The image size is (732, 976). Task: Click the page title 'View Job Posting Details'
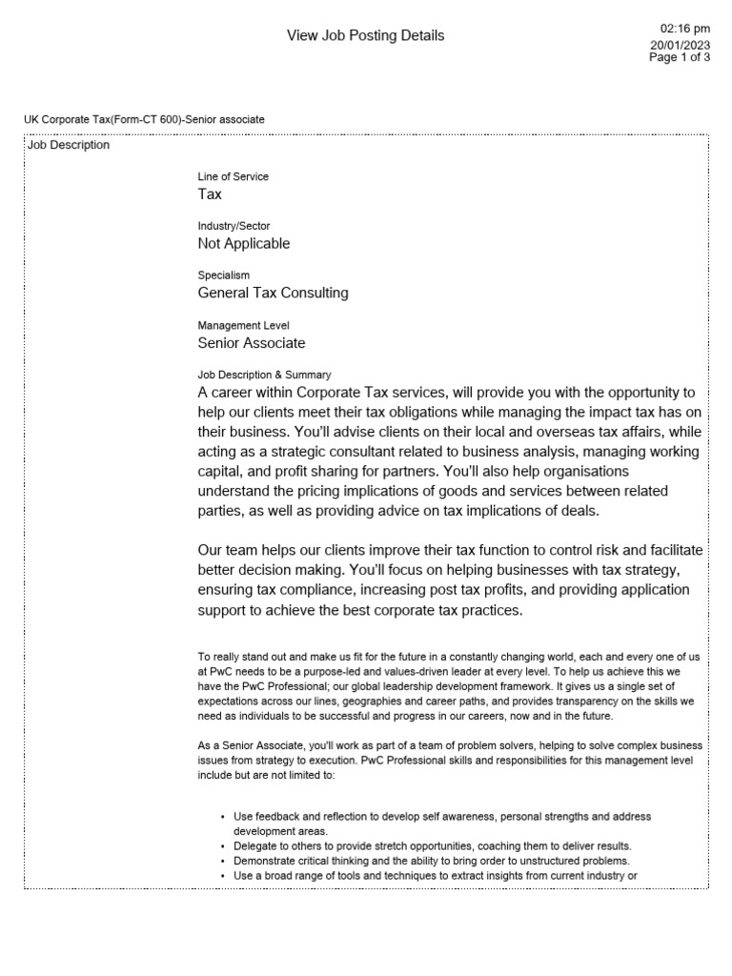pyautogui.click(x=365, y=36)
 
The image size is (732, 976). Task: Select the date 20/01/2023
pyautogui.click(x=681, y=45)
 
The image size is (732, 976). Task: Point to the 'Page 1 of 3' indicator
pyautogui.click(x=680, y=58)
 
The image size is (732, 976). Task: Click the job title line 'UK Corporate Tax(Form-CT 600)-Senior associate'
pyautogui.click(x=144, y=119)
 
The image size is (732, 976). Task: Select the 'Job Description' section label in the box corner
pyautogui.click(x=68, y=146)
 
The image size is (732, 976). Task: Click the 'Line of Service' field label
pyautogui.click(x=233, y=176)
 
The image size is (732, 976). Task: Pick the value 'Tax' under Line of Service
pyautogui.click(x=210, y=194)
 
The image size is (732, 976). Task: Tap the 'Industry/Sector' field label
pyautogui.click(x=234, y=226)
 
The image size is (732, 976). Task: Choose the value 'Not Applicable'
pyautogui.click(x=244, y=244)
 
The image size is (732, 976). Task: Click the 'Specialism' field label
pyautogui.click(x=223, y=275)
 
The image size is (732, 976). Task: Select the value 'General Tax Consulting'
pyautogui.click(x=273, y=294)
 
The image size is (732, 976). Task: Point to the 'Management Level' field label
pyautogui.click(x=243, y=325)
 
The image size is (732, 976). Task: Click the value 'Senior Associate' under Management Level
pyautogui.click(x=252, y=343)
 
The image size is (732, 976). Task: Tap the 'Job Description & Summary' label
pyautogui.click(x=264, y=375)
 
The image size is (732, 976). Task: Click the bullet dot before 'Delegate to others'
pyautogui.click(x=222, y=846)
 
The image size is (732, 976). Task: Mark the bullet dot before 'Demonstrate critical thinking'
pyautogui.click(x=222, y=861)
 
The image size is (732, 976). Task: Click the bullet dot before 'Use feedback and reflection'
pyautogui.click(x=222, y=818)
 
